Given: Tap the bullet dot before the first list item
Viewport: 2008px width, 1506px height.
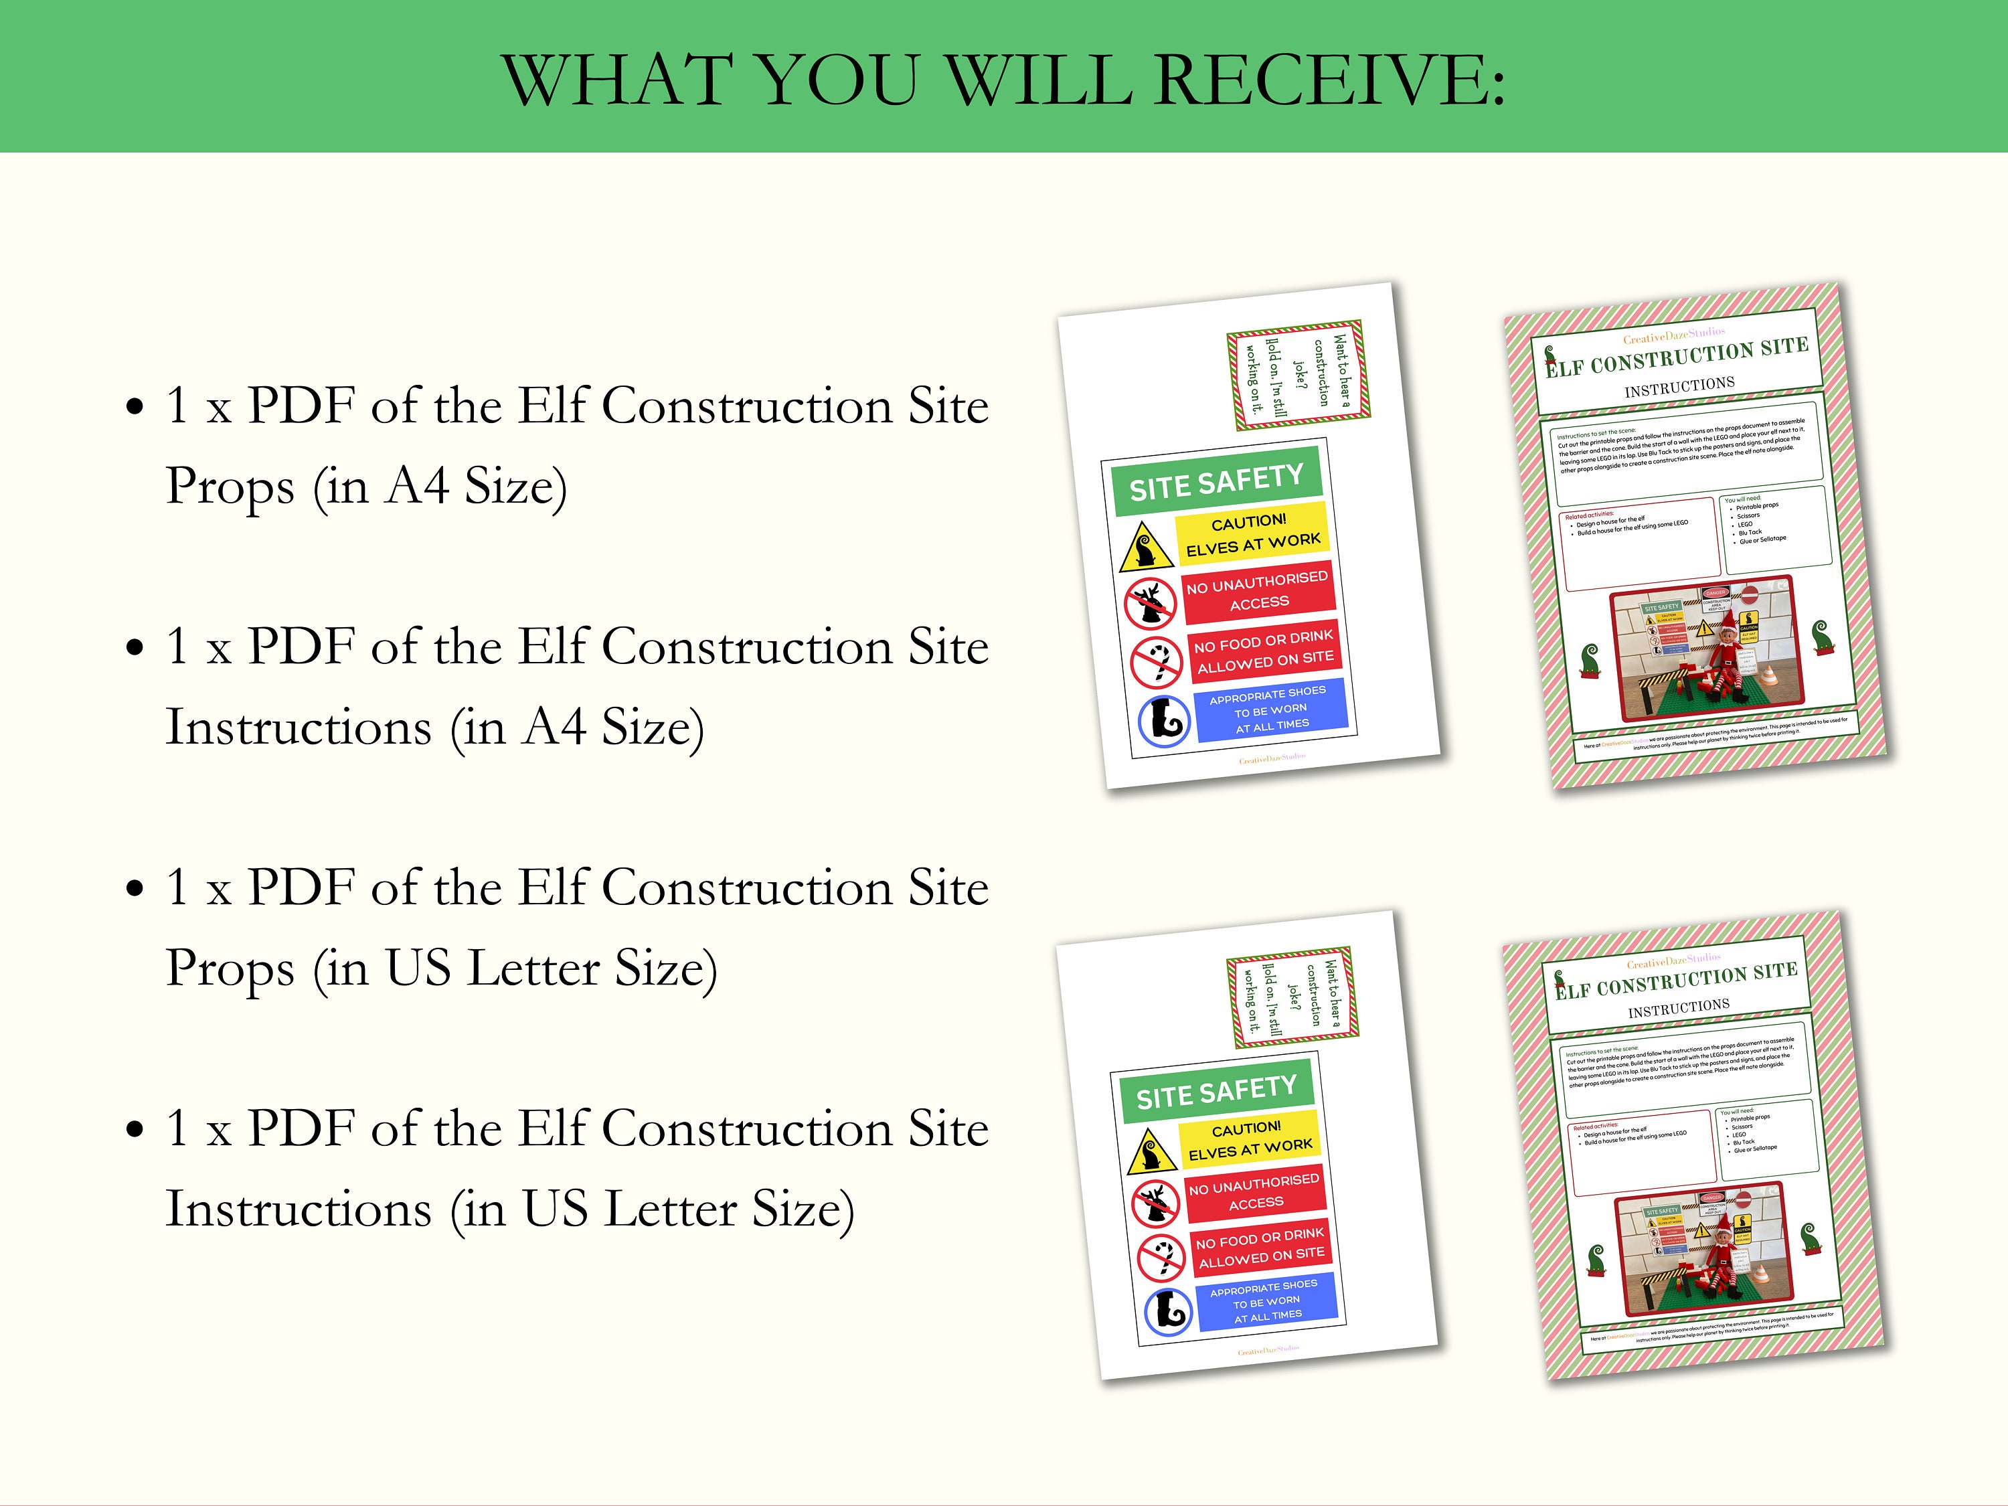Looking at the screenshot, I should (x=135, y=407).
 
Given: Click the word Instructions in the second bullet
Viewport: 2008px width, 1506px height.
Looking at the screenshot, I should (x=298, y=727).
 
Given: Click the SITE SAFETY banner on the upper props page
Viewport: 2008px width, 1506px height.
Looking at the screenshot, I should (x=1216, y=482).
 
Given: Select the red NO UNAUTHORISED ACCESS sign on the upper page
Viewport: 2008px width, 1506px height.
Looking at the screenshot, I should (x=1257, y=591).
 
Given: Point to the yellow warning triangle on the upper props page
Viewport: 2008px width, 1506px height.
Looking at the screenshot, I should (x=1146, y=548).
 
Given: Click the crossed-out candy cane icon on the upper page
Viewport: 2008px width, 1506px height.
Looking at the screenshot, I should (x=1157, y=663).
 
